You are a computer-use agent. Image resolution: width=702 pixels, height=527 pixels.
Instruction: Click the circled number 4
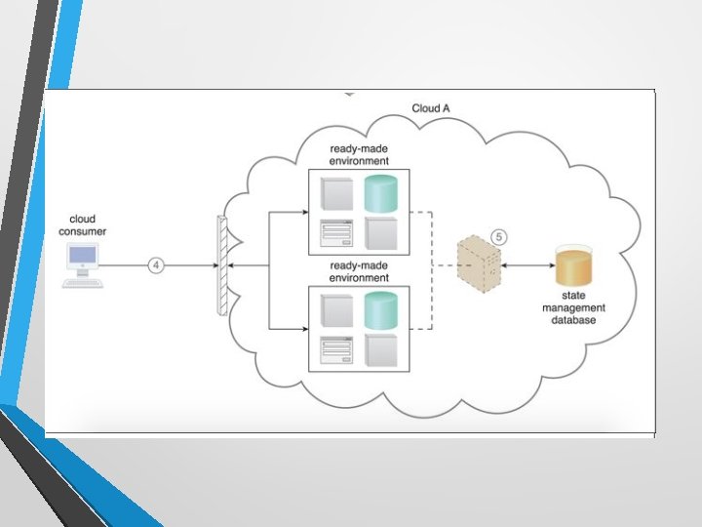[154, 264]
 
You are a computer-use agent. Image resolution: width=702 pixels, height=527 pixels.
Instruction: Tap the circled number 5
[498, 237]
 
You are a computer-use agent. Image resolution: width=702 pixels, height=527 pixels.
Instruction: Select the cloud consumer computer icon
[82, 264]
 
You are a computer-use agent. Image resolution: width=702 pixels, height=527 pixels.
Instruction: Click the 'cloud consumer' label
[82, 225]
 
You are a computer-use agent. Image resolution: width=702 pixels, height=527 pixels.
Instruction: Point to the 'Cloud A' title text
[431, 108]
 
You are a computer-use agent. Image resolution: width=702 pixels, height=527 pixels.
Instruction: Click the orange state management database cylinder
[572, 266]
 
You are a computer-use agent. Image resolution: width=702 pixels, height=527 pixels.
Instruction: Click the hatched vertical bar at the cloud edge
[223, 264]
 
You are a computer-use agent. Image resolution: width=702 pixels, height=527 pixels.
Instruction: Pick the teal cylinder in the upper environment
[382, 194]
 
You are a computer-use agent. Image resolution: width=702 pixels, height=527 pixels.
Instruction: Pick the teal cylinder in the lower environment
[382, 310]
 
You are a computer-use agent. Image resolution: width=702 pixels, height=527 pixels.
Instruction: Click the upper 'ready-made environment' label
[359, 154]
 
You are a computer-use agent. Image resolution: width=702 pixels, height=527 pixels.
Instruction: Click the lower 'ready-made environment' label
[359, 271]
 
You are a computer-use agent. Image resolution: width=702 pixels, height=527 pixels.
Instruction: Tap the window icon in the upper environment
[335, 235]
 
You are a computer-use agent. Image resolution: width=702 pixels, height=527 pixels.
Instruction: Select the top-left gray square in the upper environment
[335, 194]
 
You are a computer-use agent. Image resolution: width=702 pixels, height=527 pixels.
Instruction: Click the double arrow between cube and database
[526, 265]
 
